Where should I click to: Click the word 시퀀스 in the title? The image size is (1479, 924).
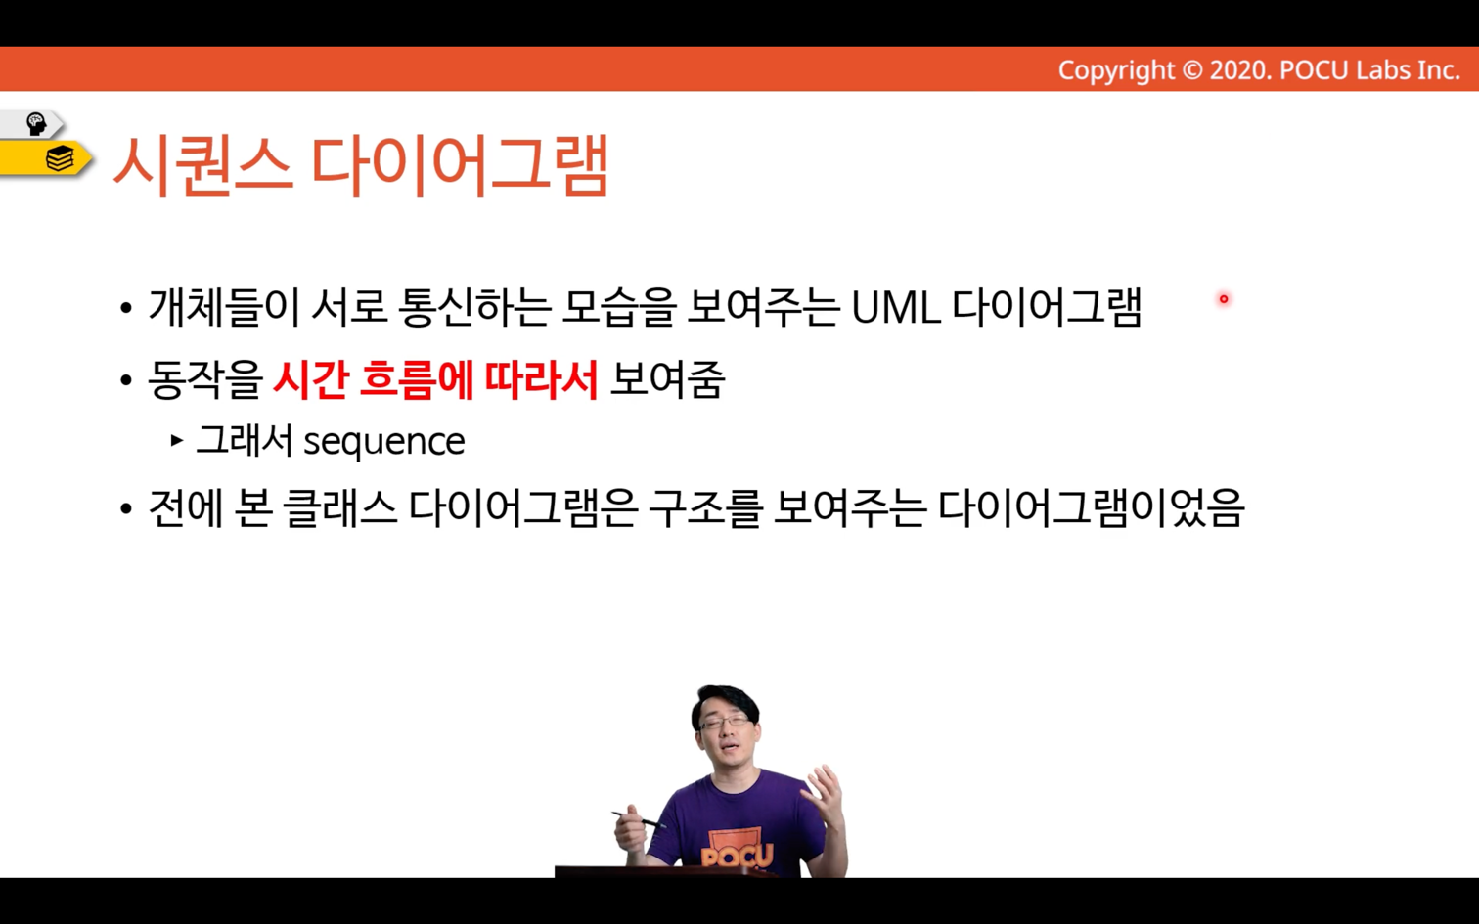203,165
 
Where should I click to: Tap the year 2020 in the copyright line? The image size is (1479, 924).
1240,70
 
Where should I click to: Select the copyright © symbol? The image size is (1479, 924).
1191,70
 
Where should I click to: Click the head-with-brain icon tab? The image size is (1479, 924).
35,124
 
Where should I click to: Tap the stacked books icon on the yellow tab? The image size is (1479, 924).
60,158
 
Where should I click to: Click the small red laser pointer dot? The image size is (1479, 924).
1224,299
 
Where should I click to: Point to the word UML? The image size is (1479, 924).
896,308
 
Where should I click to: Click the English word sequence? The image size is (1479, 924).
384,442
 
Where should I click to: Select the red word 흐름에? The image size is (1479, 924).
417,379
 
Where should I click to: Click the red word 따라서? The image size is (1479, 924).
542,379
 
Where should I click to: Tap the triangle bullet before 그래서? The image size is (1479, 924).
177,440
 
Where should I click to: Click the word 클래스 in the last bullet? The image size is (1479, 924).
340,508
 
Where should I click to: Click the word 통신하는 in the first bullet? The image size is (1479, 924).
474,308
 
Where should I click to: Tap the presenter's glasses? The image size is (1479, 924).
723,722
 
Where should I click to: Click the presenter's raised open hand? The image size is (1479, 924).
822,795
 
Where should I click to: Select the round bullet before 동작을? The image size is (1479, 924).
126,380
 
